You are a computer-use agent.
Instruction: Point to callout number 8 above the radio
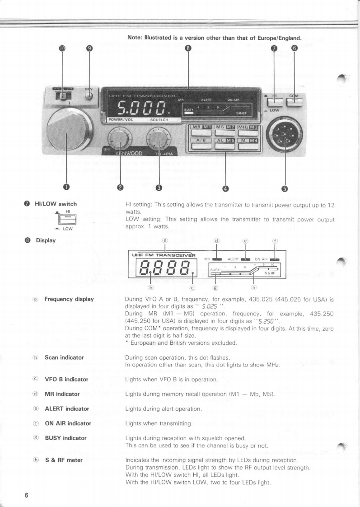click(188, 48)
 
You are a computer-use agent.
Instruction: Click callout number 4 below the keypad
click(225, 188)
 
